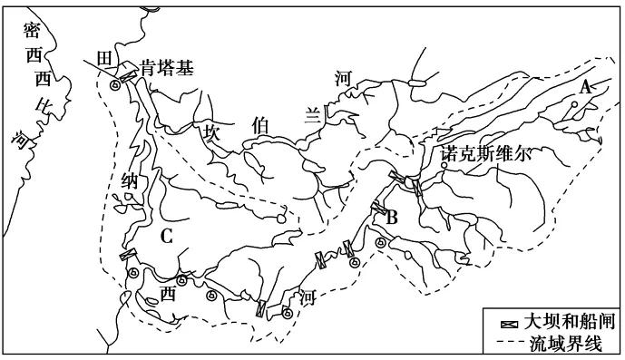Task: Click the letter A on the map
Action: pos(585,87)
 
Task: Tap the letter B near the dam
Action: pos(393,218)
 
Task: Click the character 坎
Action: pos(211,131)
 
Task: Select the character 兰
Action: pos(311,113)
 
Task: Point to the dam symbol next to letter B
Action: pos(378,209)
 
